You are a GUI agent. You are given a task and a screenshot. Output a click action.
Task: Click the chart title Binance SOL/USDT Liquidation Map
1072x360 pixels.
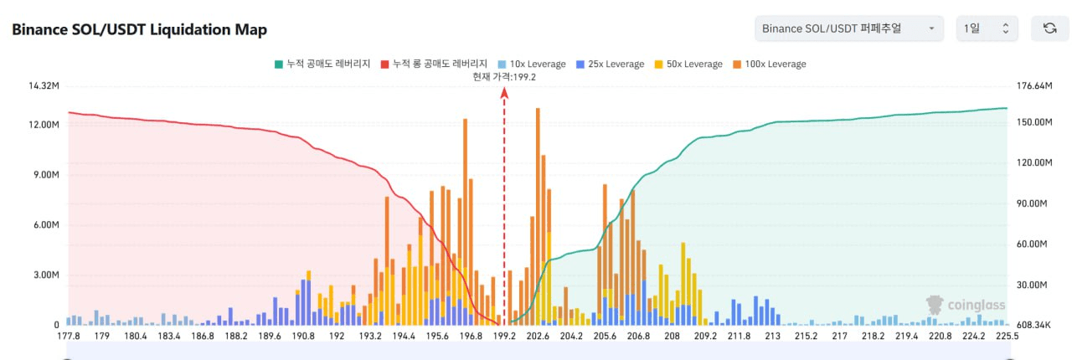(x=139, y=30)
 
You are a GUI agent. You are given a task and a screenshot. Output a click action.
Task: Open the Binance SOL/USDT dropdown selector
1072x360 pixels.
(x=848, y=28)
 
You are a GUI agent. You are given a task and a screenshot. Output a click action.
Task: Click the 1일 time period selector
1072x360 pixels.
(x=987, y=28)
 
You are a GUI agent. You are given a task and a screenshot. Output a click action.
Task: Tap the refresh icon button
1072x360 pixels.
(x=1049, y=28)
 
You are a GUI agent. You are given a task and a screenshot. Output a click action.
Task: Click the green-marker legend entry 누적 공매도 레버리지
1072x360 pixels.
(x=322, y=64)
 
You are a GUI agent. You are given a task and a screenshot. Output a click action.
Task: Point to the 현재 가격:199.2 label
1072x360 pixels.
(x=504, y=77)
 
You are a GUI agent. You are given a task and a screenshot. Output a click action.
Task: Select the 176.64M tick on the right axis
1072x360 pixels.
(x=1033, y=86)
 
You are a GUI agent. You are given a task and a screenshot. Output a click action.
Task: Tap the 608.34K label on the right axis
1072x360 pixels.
(x=1033, y=325)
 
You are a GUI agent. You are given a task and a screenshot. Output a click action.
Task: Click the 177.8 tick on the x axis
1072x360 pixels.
(x=69, y=337)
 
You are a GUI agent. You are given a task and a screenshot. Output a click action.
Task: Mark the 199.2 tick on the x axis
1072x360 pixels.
(x=504, y=337)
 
